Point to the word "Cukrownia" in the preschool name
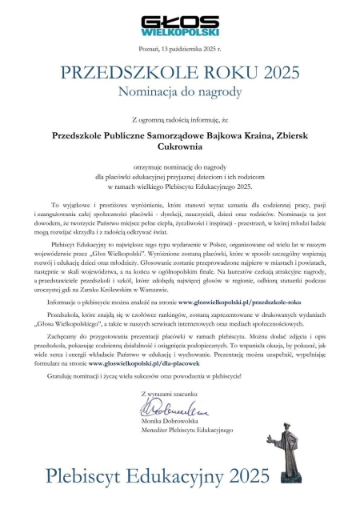click(180, 150)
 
